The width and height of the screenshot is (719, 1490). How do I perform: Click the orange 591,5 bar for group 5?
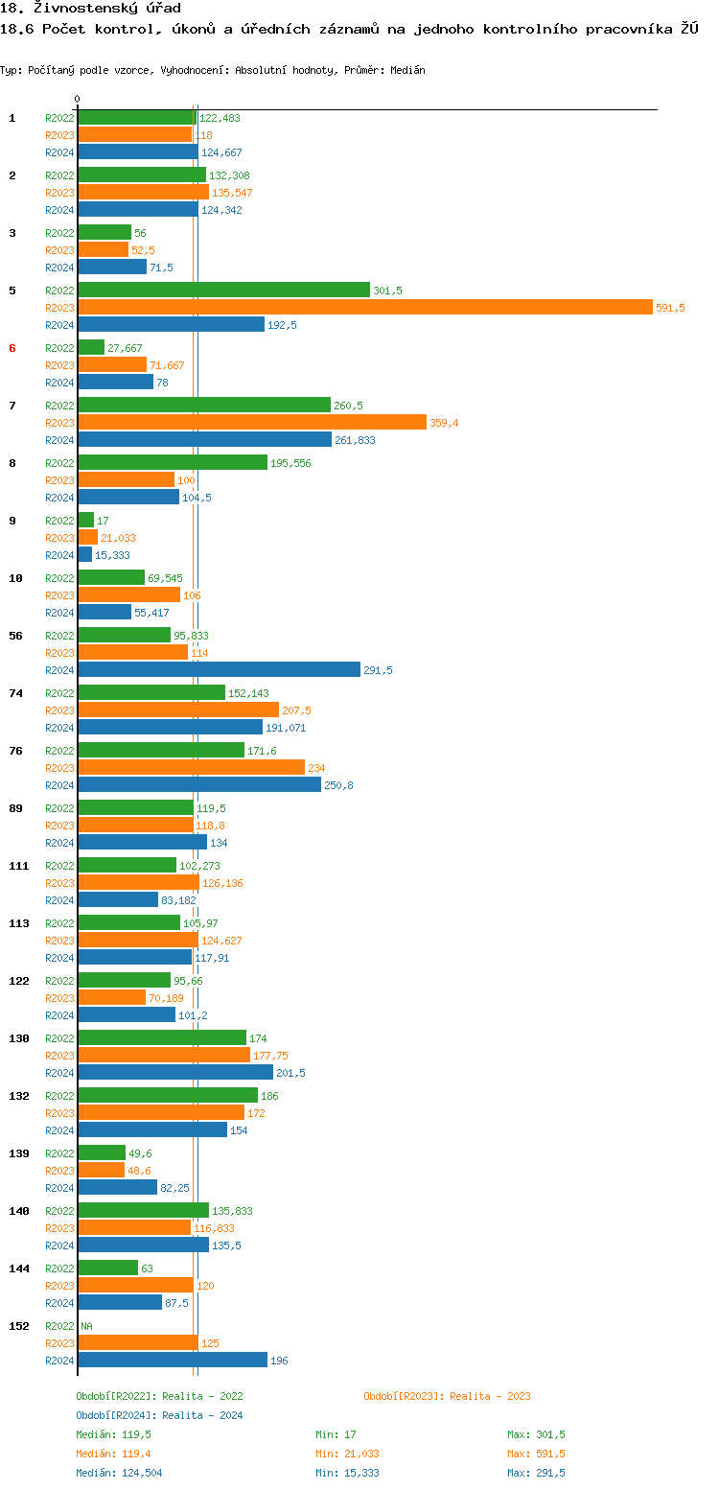pyautogui.click(x=364, y=308)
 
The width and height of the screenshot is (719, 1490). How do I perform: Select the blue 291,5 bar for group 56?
pyautogui.click(x=219, y=670)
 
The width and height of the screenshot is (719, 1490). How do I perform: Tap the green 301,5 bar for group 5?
pyautogui.click(x=223, y=291)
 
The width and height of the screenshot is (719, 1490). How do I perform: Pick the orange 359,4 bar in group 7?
pyautogui.click(x=251, y=423)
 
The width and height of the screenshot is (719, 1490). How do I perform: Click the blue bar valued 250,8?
pyautogui.click(x=199, y=785)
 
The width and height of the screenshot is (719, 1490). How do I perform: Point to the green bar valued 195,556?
pyautogui.click(x=173, y=463)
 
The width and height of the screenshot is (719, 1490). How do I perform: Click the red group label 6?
pyautogui.click(x=12, y=348)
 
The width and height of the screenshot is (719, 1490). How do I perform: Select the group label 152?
pyautogui.click(x=18, y=1326)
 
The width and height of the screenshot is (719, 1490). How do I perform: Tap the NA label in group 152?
pyautogui.click(x=86, y=1326)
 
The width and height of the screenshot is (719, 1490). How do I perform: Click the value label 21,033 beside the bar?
pyautogui.click(x=118, y=538)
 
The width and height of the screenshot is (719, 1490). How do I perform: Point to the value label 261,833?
pyautogui.click(x=354, y=440)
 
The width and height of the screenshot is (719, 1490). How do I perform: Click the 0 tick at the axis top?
pyautogui.click(x=78, y=99)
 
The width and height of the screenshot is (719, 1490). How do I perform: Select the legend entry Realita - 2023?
pyautogui.click(x=447, y=1396)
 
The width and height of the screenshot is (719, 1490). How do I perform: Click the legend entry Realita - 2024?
pyautogui.click(x=159, y=1415)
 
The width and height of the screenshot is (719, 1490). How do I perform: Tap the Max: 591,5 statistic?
pyautogui.click(x=536, y=1454)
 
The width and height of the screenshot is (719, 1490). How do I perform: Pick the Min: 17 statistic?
pyautogui.click(x=336, y=1434)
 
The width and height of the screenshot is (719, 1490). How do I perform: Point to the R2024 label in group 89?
pyautogui.click(x=59, y=843)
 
